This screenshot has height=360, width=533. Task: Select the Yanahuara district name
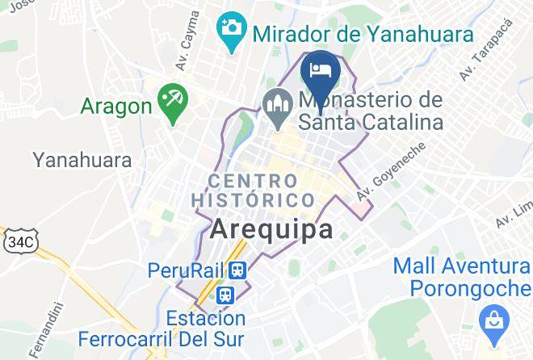click(x=82, y=160)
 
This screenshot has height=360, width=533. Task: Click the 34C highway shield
click(x=19, y=241)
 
